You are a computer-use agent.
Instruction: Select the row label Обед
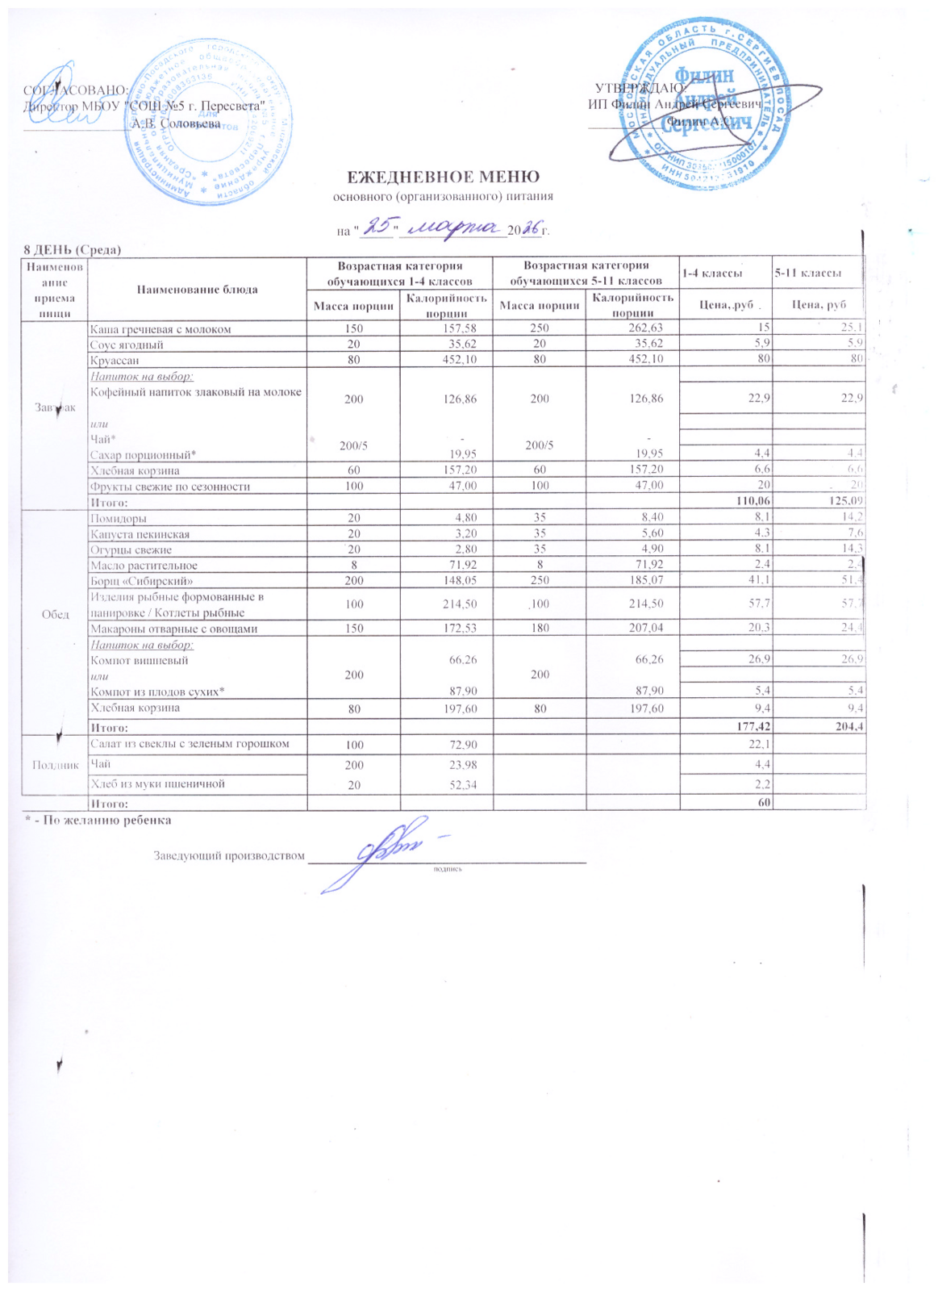[x=54, y=614]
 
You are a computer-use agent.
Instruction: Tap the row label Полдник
[x=54, y=765]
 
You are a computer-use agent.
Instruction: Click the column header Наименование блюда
[x=198, y=289]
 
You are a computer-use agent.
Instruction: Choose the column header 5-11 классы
[x=807, y=274]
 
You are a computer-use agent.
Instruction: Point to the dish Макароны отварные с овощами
[x=173, y=629]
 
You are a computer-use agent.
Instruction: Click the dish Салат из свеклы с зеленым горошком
[x=190, y=743]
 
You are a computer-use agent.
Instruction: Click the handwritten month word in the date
[x=452, y=229]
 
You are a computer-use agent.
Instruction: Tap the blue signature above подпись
[x=387, y=852]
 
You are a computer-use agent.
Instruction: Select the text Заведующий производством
[x=230, y=856]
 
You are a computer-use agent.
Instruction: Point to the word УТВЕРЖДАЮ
[x=640, y=88]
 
